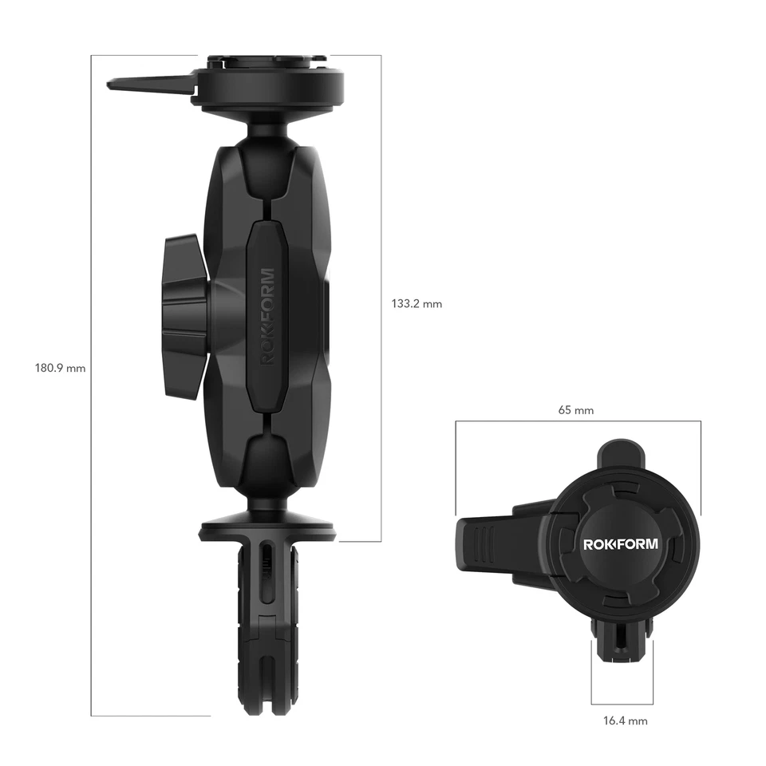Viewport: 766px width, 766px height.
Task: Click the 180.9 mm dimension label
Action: (60, 369)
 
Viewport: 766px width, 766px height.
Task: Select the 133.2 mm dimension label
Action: (416, 304)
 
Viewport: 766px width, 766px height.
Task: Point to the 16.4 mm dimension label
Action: (625, 721)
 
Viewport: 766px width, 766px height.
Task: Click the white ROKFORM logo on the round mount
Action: (621, 544)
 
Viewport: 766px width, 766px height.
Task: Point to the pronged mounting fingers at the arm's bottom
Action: (267, 622)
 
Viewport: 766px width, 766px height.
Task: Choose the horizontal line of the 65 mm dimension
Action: (578, 421)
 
